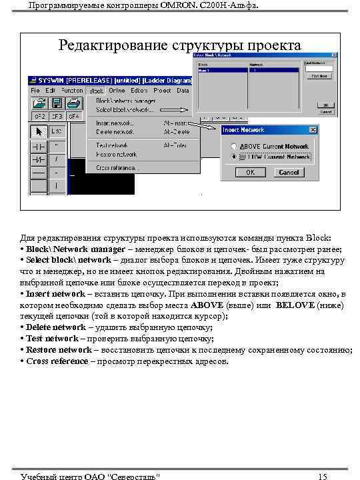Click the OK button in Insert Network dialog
pos(250,172)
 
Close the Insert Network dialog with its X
pos(313,129)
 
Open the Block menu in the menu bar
pos(96,90)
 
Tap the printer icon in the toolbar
pos(72,103)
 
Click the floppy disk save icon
pos(57,103)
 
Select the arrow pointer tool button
pos(39,130)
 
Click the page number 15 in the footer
pos(322,475)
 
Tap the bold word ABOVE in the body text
pos(207,305)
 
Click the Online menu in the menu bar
pos(117,90)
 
